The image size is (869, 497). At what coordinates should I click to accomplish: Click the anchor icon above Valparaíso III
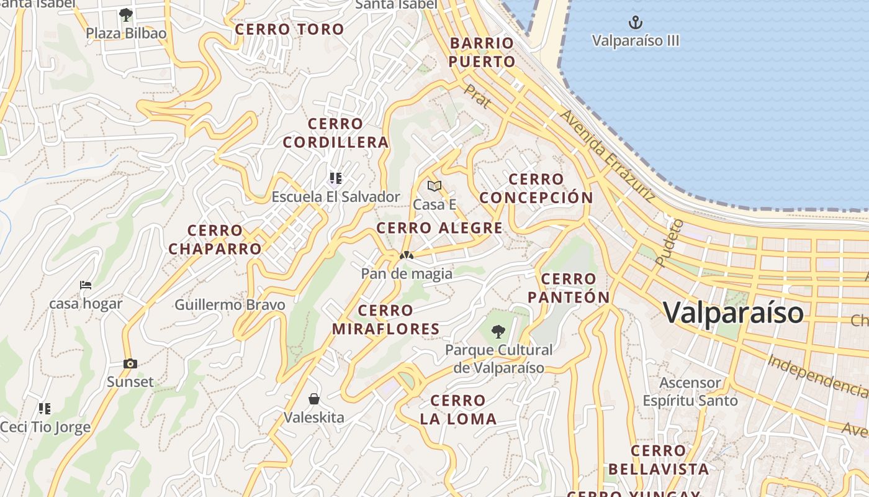pos(635,23)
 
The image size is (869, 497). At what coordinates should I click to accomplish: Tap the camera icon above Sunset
pos(130,363)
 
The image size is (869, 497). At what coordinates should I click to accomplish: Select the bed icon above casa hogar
pos(86,285)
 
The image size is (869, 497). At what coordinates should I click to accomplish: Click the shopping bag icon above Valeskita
pos(314,398)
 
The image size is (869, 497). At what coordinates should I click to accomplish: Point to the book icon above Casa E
pos(434,186)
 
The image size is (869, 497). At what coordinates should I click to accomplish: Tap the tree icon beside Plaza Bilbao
pos(126,14)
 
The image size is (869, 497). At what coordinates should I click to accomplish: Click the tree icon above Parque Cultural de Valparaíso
pos(498,331)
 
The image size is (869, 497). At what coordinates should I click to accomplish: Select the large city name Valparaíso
pos(733,312)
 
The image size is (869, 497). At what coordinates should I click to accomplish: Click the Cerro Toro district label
pos(289,29)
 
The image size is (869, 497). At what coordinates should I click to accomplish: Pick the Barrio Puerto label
pos(482,52)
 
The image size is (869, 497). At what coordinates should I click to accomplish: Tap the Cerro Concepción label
pos(536,188)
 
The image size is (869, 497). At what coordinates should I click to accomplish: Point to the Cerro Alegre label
pos(439,228)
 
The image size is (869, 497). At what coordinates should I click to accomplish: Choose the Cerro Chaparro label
pos(215,240)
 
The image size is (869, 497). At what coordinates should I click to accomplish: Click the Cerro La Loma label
pos(458,409)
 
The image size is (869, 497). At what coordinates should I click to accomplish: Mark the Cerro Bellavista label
pos(658,460)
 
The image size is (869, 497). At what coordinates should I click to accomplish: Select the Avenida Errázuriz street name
pos(607,156)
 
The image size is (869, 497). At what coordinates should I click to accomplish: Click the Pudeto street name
pos(669,242)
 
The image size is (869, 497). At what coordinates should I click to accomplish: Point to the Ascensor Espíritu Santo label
pos(690,391)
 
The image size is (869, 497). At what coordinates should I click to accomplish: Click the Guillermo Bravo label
pos(230,305)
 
